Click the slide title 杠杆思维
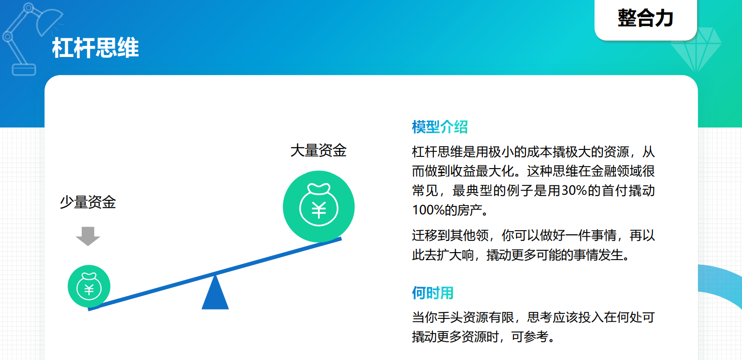(95, 48)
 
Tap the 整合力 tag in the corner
(646, 18)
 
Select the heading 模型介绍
(439, 127)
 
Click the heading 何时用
(432, 293)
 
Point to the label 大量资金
(318, 150)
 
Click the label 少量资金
(88, 202)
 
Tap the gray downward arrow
(88, 236)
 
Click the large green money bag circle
(318, 206)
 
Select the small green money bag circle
(89, 286)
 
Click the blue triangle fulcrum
(215, 293)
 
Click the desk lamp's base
(24, 70)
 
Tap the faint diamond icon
(696, 49)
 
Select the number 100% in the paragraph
(428, 210)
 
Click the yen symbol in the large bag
(318, 210)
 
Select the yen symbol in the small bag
(89, 290)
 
